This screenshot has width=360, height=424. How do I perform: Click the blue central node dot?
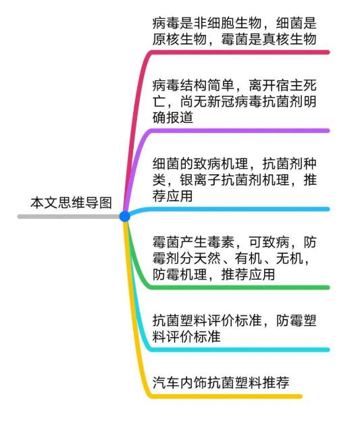click(x=124, y=216)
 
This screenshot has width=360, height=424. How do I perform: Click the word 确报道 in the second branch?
click(x=173, y=117)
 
